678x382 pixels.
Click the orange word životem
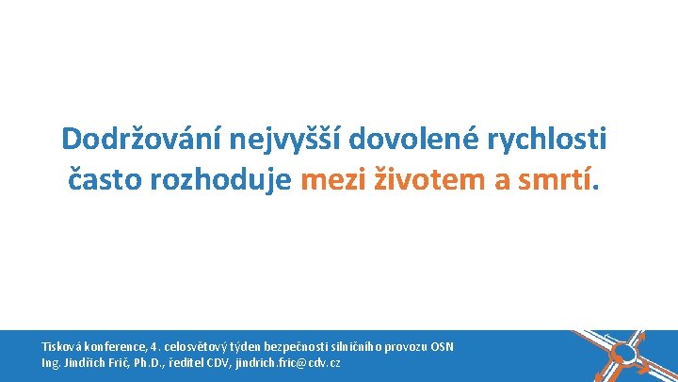(x=432, y=177)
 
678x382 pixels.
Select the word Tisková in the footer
(x=60, y=347)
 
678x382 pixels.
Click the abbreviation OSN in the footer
(x=443, y=347)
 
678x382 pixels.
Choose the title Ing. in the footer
(x=51, y=363)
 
